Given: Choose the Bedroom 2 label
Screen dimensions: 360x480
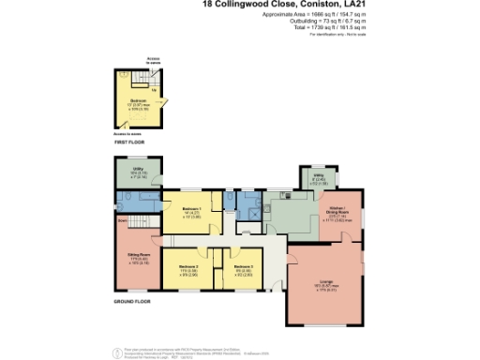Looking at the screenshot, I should coord(187,269).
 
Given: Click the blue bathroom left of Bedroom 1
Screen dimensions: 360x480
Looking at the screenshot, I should coord(134,202).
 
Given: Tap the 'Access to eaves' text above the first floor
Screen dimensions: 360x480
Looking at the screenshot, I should coord(140,60).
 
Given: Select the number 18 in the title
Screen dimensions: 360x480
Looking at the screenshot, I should coord(208,6).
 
